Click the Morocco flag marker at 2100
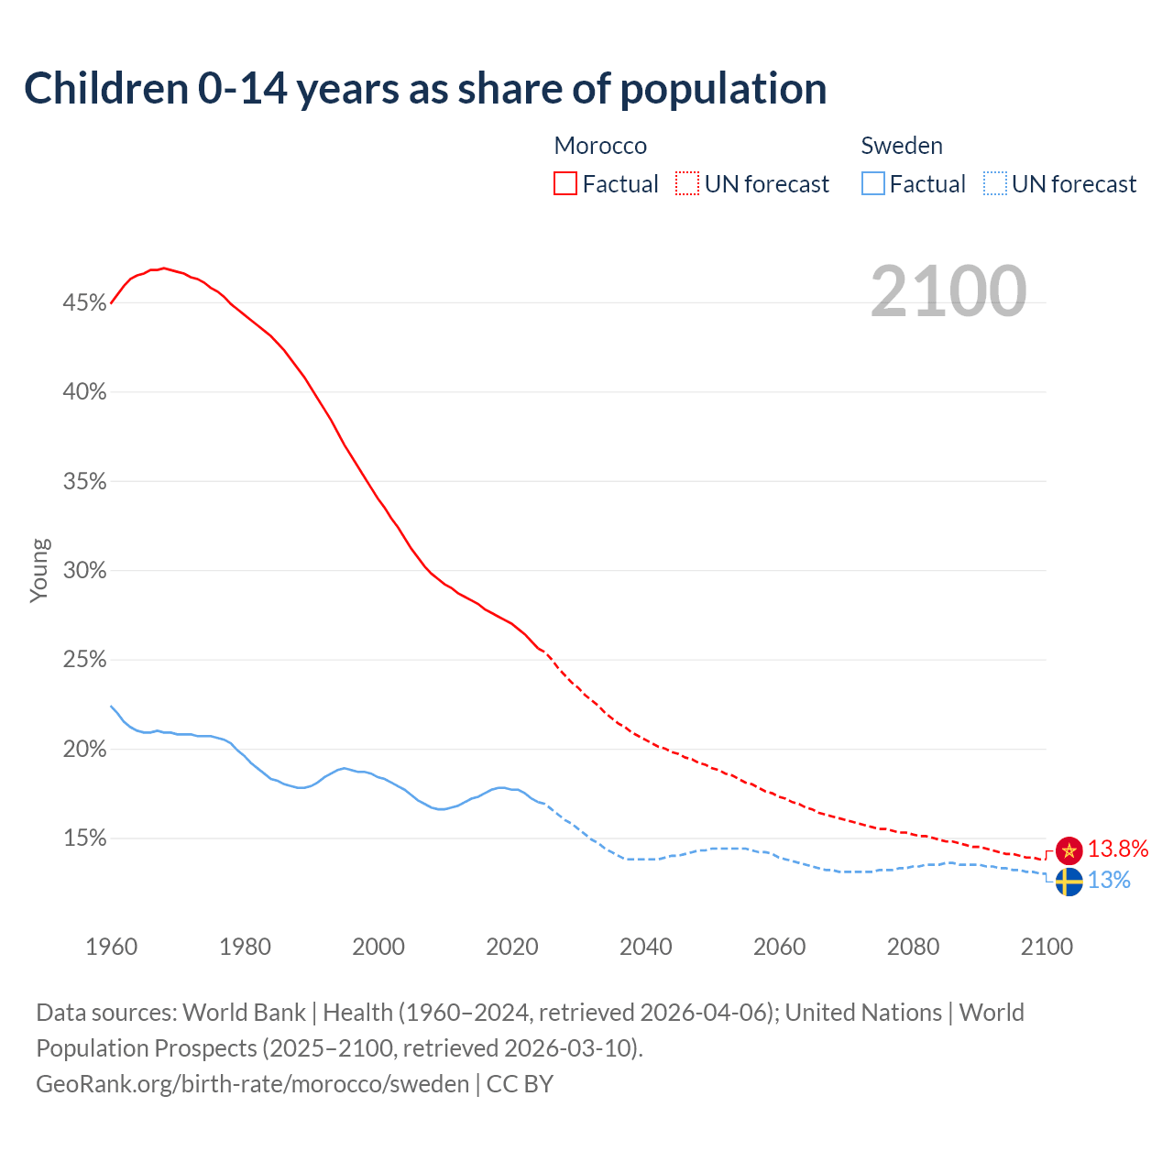point(1069,850)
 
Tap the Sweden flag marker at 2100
point(1069,882)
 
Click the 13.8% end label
point(1118,850)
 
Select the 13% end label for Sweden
point(1109,881)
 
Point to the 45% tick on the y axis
point(84,302)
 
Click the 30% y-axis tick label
point(84,571)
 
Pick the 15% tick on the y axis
point(84,839)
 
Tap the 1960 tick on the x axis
point(111,947)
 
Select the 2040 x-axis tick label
point(646,947)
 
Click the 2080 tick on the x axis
point(913,947)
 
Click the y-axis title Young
point(38,570)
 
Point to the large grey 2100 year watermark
point(948,291)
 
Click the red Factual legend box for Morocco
point(565,184)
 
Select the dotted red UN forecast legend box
point(687,184)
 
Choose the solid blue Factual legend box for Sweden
point(873,184)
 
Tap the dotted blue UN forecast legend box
point(994,184)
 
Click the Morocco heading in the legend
point(600,146)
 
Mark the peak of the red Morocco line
point(163,268)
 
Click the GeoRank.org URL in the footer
point(252,1084)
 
